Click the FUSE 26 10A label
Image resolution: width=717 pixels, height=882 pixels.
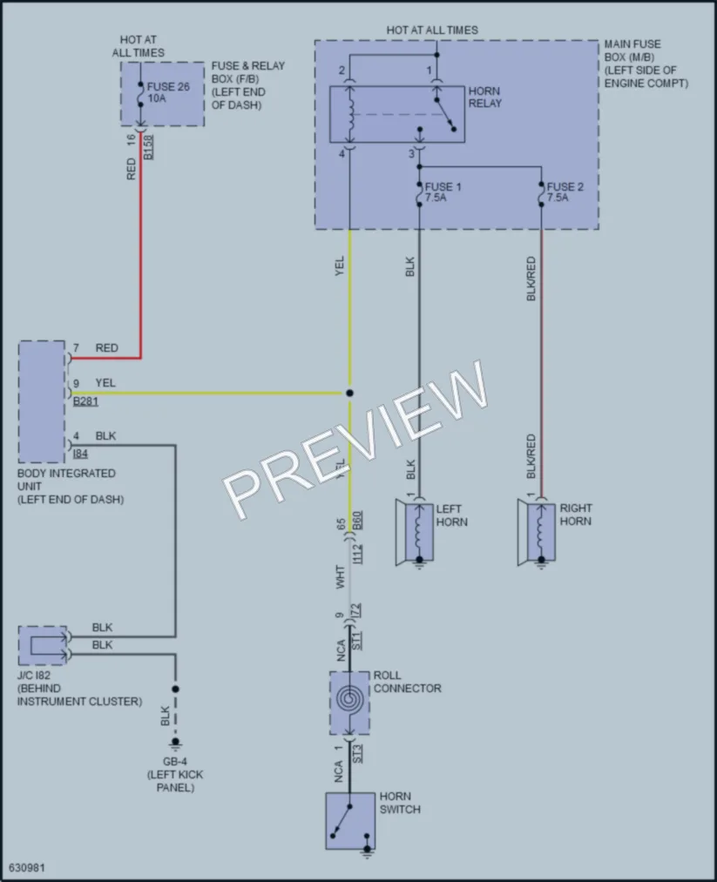coord(168,92)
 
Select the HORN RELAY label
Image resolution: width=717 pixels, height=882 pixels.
coord(484,97)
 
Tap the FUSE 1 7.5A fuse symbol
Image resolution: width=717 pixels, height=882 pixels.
coord(419,193)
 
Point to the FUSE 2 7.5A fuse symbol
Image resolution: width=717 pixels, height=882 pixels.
coord(541,193)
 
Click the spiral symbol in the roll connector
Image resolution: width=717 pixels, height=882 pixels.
coord(349,699)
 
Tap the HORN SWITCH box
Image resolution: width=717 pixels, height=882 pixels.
coord(350,821)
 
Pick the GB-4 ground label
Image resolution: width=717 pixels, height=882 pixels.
coord(175,762)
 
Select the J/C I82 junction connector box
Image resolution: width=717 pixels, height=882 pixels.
coord(43,646)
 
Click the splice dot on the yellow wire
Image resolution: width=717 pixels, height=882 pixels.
coord(349,394)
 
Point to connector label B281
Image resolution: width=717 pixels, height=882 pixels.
coord(85,401)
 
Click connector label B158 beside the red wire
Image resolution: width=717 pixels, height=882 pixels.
coord(148,147)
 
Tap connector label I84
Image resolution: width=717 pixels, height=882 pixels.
coord(80,454)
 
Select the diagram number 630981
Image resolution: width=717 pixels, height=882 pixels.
coord(26,868)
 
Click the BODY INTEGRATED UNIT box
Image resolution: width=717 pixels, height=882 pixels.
coord(42,401)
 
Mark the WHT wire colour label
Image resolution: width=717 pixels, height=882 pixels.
coord(340,577)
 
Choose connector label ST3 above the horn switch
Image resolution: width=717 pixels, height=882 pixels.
coord(358,754)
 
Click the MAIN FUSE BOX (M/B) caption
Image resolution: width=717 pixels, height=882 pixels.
coord(646,64)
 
